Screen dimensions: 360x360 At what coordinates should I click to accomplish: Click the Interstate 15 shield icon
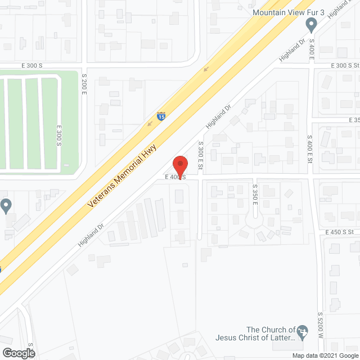tap(161, 117)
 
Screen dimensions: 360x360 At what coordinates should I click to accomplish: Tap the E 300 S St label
tap(340, 66)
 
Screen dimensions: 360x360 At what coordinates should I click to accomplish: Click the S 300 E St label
tap(200, 157)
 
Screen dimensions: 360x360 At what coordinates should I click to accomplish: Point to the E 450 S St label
tap(339, 232)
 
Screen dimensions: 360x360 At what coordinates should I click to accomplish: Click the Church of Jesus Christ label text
tap(256, 334)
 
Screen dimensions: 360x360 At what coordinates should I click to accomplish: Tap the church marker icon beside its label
tap(303, 331)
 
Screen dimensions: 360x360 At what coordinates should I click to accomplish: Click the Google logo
tap(17, 353)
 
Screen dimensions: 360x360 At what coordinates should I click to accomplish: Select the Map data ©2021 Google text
tap(325, 355)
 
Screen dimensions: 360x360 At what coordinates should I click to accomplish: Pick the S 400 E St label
tap(309, 150)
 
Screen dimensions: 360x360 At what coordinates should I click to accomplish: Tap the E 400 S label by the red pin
tap(175, 177)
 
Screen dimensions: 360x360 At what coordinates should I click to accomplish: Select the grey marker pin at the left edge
tap(6, 205)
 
